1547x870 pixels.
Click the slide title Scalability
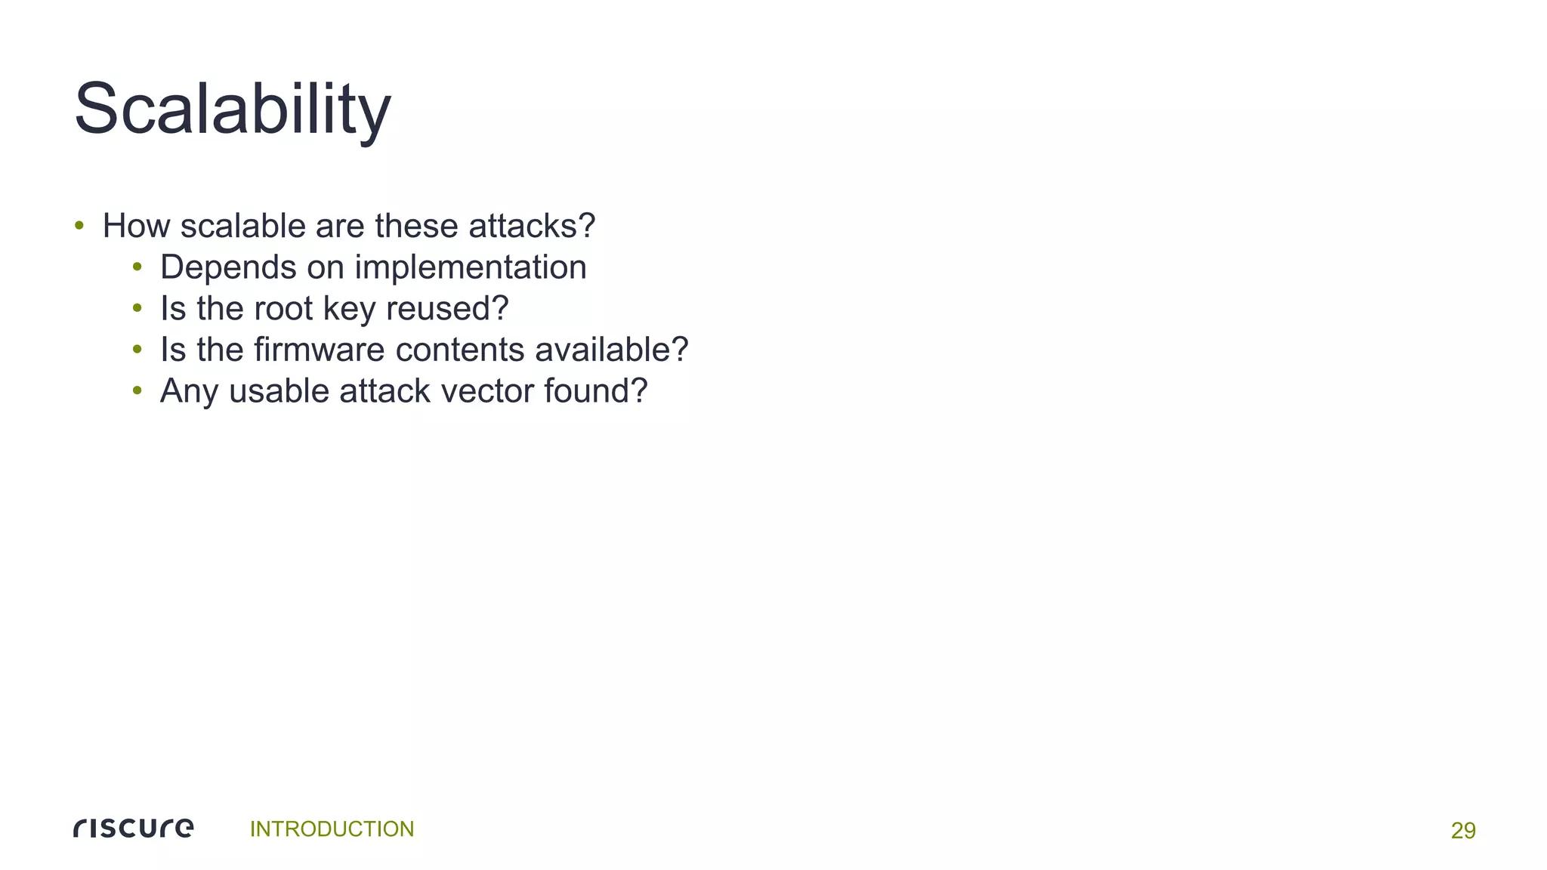232,110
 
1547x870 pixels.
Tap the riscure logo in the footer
134,828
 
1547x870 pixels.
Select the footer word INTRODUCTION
332,829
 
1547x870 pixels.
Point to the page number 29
1462,831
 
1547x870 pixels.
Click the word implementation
470,267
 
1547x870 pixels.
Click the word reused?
447,309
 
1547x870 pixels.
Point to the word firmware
319,350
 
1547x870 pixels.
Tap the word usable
279,391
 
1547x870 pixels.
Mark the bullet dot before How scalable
79,226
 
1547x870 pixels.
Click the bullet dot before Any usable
137,391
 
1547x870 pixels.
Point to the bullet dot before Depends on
137,267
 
